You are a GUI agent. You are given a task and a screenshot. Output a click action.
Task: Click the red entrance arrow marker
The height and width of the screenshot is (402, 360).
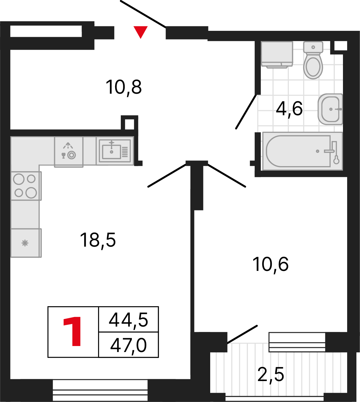(140, 32)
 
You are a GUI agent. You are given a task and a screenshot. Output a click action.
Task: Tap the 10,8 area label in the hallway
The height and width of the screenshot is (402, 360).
(123, 87)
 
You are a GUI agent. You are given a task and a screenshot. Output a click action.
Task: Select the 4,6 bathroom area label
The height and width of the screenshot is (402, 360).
(289, 108)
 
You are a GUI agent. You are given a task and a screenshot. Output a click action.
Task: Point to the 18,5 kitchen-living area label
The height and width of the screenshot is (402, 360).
(98, 240)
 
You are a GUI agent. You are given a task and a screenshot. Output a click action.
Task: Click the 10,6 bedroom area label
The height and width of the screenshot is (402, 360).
(271, 264)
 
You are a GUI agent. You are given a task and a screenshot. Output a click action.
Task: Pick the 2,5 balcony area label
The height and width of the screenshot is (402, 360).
(271, 374)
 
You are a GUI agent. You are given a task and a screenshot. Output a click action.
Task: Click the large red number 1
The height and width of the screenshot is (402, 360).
(73, 332)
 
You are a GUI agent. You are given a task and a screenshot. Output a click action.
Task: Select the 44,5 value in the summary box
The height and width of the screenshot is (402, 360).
(128, 320)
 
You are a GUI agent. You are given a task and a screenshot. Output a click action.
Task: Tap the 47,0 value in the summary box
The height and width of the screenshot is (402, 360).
(128, 345)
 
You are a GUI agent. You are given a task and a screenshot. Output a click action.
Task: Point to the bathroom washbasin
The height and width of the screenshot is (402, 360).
(330, 109)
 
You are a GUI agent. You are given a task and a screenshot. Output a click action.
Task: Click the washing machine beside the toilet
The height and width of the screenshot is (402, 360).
(277, 54)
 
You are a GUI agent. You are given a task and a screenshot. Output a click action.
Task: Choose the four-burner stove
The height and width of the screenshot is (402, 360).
(26, 186)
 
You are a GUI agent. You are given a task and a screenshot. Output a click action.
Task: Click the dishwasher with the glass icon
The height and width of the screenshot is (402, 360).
(68, 151)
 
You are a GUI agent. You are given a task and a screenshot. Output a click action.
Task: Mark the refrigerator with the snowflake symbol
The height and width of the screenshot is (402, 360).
(25, 243)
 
